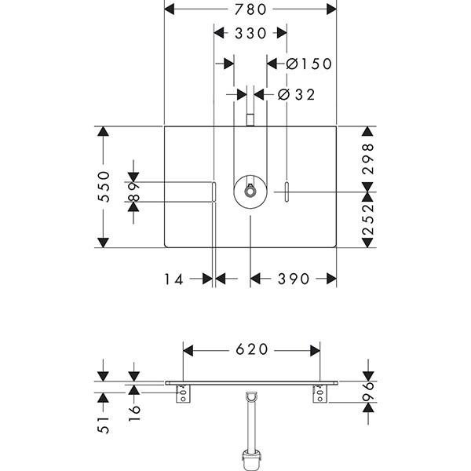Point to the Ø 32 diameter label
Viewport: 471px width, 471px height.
coord(297,94)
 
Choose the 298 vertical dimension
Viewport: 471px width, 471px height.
coord(369,158)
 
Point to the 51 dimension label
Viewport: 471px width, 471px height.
coord(100,425)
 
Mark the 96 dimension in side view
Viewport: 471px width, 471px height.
coord(369,392)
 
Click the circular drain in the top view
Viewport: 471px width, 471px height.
coord(250,190)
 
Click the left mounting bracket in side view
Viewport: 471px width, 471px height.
coord(184,395)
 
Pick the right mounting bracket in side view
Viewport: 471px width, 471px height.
coord(319,395)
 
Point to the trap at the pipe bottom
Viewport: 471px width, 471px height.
coord(252,457)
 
